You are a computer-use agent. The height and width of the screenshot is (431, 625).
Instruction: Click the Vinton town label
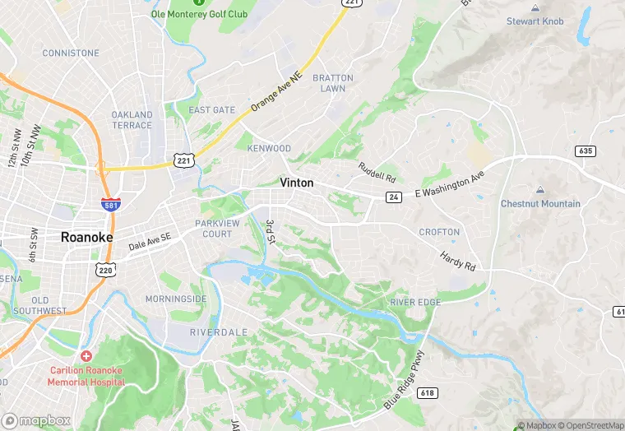296,183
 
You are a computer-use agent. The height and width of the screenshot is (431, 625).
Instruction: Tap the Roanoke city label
86,237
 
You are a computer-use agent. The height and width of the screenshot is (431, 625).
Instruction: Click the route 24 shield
395,197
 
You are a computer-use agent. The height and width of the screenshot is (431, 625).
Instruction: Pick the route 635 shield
585,151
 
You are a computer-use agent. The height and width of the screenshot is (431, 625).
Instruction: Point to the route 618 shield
426,394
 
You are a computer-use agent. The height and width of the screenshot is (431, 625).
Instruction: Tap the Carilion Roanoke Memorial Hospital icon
86,356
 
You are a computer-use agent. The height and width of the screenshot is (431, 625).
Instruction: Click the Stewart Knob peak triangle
535,7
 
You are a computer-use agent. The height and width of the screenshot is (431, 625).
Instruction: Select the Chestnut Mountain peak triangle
540,190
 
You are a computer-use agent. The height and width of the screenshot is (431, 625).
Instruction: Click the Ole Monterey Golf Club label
199,14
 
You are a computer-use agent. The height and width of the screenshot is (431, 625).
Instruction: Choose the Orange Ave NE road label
276,91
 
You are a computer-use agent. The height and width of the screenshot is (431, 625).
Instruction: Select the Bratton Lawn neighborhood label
333,83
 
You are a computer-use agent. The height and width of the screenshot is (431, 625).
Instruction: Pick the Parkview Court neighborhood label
213,228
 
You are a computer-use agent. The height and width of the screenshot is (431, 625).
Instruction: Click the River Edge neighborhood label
415,303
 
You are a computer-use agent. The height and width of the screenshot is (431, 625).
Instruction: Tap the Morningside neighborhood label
176,298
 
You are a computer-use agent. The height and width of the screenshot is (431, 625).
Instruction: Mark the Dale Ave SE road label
149,241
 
